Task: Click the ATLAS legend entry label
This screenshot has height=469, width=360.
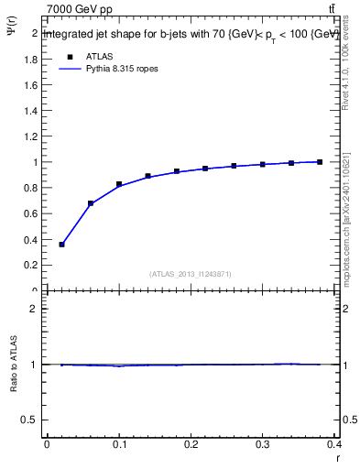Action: [x=98, y=57]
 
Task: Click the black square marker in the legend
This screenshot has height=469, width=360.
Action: [x=69, y=57]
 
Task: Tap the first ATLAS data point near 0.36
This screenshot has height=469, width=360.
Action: [x=61, y=245]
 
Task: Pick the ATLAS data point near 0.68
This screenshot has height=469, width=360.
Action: [x=91, y=203]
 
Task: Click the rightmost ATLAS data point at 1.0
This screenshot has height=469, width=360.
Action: [x=320, y=162]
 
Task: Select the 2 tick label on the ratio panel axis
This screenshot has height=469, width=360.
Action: [x=35, y=309]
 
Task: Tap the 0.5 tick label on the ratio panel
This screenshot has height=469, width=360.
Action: [x=31, y=420]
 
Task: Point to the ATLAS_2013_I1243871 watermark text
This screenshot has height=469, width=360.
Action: [x=190, y=274]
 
